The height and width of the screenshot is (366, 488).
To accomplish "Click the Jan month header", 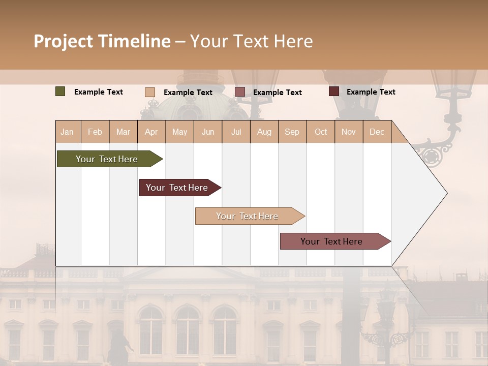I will coord(67,132).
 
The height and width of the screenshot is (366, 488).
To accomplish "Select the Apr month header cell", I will coord(151,132).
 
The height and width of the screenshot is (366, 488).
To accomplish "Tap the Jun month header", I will coord(208,132).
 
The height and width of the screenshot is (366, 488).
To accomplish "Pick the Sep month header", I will coord(292,132).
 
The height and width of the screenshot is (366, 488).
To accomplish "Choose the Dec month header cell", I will coord(377,132).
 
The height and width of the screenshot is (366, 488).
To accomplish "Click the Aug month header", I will coord(264,132).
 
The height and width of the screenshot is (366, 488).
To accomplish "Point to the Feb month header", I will coord(95,132).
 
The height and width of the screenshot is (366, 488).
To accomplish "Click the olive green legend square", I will coord(60,91).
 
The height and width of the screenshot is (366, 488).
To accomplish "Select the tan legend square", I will coord(150,92).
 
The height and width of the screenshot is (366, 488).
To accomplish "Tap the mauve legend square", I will coord(240,92).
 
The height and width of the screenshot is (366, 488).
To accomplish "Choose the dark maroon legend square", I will coord(333,91).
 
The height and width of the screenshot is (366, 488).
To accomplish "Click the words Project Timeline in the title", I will coord(102,41).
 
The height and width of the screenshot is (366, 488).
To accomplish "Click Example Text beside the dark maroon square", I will coord(371,92).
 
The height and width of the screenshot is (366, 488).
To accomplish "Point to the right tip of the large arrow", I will coord(446,193).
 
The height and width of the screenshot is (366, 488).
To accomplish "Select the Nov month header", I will coord(348,132).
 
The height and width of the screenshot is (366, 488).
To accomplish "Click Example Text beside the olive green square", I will coord(99,92).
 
